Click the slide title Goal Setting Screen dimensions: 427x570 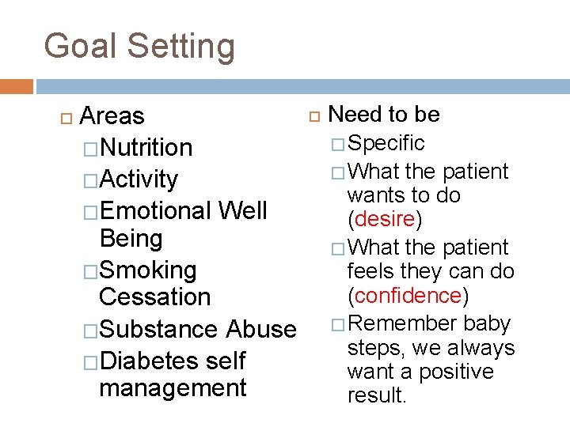[x=139, y=47]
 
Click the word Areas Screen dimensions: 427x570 [x=112, y=116]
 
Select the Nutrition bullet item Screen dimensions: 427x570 [x=146, y=148]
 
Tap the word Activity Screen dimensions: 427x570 [x=139, y=179]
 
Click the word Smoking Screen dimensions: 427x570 [x=148, y=270]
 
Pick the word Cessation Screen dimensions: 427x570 [x=155, y=297]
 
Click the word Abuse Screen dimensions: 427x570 [x=261, y=329]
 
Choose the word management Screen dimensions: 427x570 [x=173, y=388]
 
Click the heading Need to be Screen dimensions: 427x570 [x=383, y=115]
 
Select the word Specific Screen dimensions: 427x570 [x=386, y=143]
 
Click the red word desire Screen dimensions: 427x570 [x=386, y=218]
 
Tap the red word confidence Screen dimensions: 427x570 [x=408, y=296]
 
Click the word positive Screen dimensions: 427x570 [x=454, y=372]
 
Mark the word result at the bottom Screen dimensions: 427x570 [x=376, y=395]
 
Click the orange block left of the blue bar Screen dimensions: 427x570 [x=17, y=86]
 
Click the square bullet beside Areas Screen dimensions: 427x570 [x=65, y=117]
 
